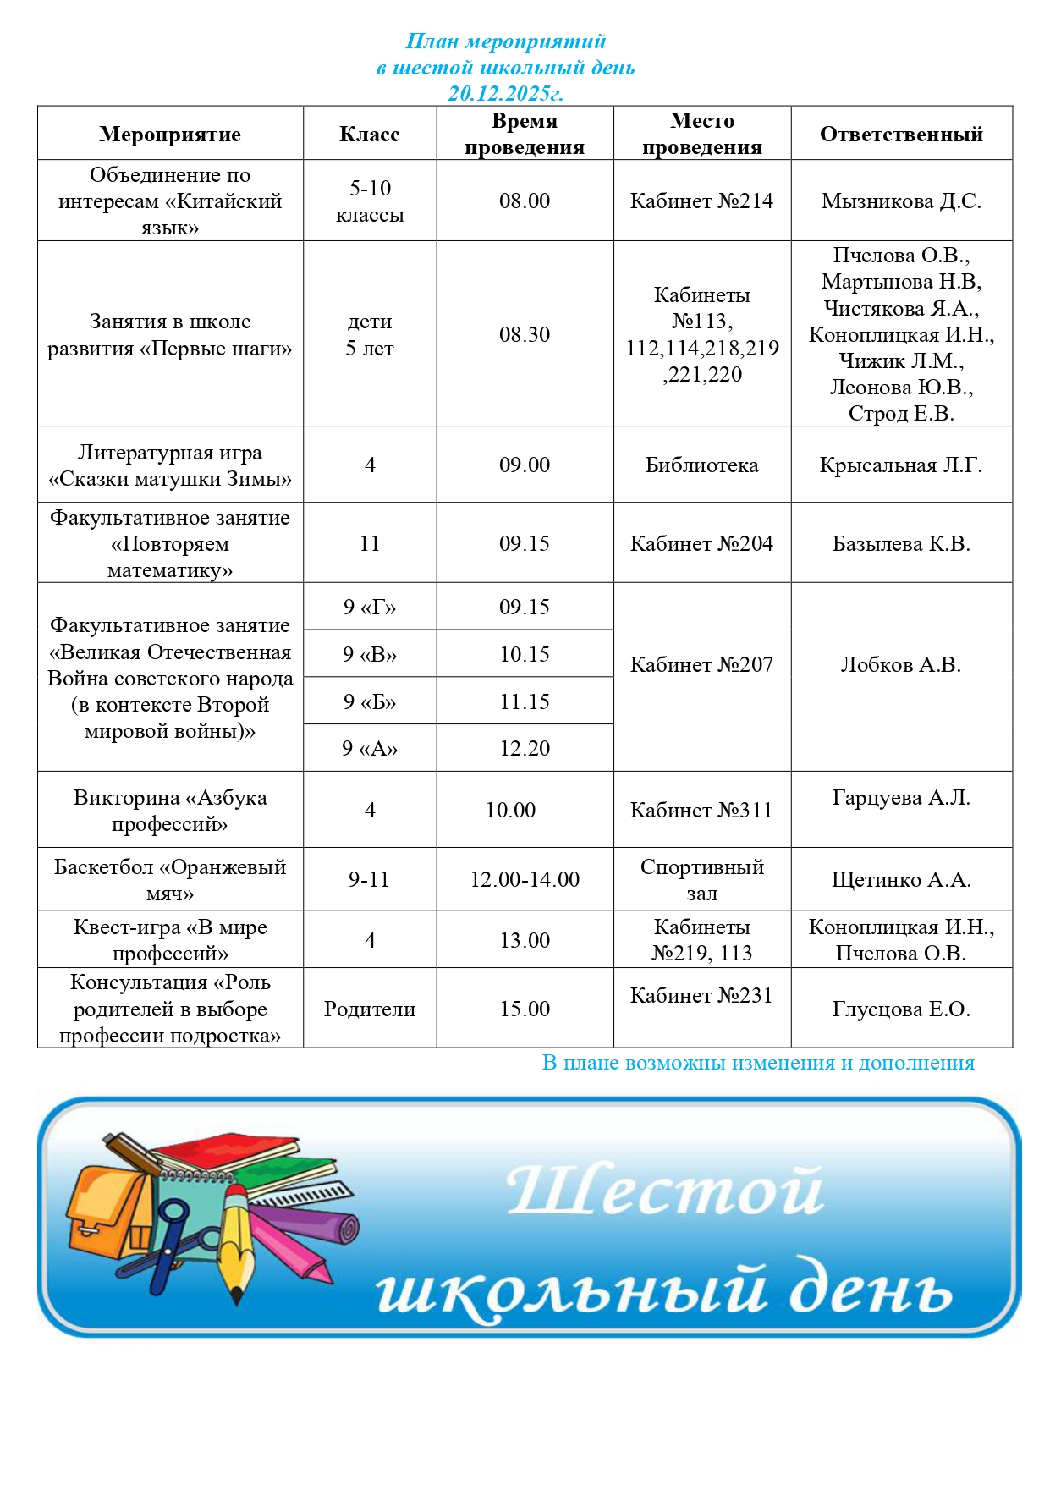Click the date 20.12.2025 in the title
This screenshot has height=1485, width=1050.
click(505, 93)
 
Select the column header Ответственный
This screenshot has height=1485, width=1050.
click(901, 134)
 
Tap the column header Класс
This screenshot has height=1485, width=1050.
click(369, 134)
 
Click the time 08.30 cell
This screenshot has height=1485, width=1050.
click(525, 334)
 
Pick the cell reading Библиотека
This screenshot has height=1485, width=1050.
click(701, 465)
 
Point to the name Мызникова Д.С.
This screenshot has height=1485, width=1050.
click(901, 201)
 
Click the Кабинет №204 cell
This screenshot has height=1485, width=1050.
click(701, 543)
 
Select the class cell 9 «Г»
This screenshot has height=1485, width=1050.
click(370, 607)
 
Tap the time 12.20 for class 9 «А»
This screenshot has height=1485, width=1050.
click(525, 748)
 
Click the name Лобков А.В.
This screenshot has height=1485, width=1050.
click(901, 664)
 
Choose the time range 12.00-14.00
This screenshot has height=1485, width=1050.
click(525, 879)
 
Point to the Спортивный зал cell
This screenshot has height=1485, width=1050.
click(701, 879)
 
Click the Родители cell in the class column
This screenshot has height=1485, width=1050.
click(370, 1009)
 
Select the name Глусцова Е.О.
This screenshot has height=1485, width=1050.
click(901, 1009)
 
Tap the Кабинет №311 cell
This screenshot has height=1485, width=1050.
click(701, 810)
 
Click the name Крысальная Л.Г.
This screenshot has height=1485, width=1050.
click(901, 465)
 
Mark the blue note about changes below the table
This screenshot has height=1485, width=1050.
click(758, 1063)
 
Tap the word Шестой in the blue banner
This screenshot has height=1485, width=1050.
click(665, 1191)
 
